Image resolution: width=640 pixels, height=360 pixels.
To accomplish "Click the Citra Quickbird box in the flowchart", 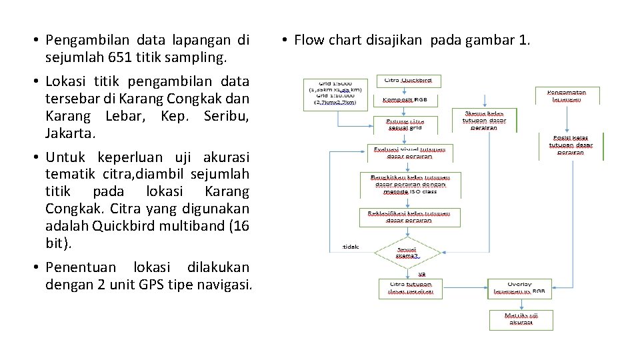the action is pyautogui.click(x=409, y=81).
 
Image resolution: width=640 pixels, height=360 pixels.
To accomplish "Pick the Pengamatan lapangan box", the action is pyautogui.click(x=567, y=95).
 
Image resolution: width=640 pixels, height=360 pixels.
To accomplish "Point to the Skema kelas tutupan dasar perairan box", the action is pyautogui.click(x=485, y=120).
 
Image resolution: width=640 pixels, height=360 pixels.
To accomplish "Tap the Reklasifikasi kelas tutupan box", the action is pyautogui.click(x=409, y=216).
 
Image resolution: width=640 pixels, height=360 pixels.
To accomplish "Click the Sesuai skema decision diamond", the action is pyautogui.click(x=407, y=252).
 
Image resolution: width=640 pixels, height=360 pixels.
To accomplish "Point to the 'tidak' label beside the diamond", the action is pyautogui.click(x=350, y=246).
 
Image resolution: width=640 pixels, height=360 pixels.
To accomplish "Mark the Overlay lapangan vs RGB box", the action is pyautogui.click(x=519, y=288).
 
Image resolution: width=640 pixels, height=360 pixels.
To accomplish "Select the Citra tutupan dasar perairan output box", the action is pyautogui.click(x=411, y=288).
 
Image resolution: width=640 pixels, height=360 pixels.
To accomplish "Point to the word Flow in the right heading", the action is pyautogui.click(x=309, y=40).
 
